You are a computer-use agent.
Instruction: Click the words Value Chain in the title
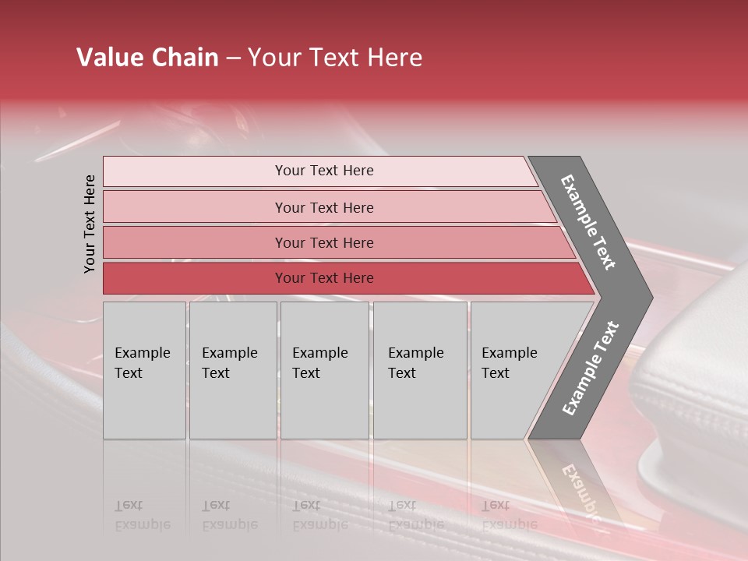(x=147, y=58)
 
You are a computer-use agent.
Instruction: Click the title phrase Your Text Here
(x=335, y=58)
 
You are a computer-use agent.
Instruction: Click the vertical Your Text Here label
(x=90, y=224)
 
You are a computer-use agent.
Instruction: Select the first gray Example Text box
(x=144, y=370)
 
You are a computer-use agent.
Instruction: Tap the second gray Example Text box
(x=232, y=370)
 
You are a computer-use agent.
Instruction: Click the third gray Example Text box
(x=324, y=370)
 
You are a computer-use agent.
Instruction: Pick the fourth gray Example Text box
(x=419, y=370)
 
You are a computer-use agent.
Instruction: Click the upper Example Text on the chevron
(x=588, y=222)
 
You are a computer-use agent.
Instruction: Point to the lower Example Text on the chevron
(x=591, y=369)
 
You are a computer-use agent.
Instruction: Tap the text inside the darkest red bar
(x=324, y=278)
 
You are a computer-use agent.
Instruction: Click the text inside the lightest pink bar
(x=324, y=171)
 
